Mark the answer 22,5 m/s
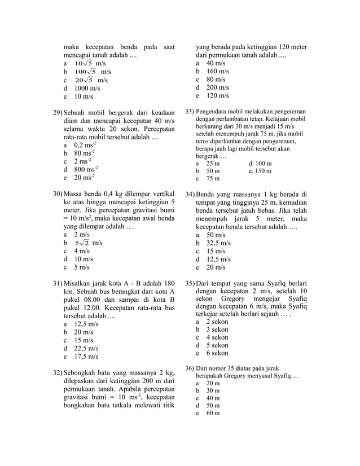click(82, 349)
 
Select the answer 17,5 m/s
click(82, 357)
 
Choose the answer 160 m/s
click(217, 72)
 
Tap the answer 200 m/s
click(217, 88)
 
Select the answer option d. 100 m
click(260, 162)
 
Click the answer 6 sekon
click(217, 353)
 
